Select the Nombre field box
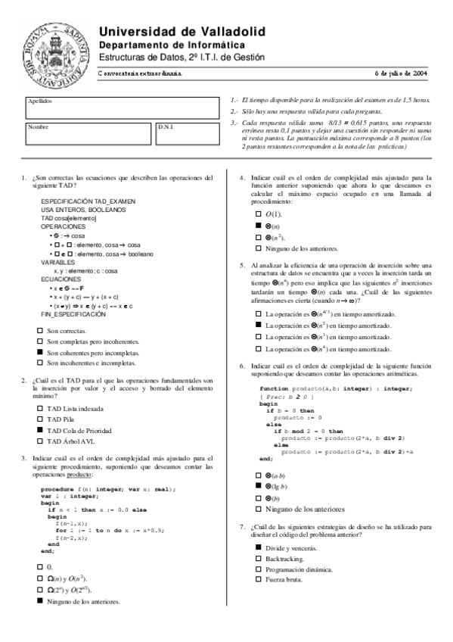click(89, 133)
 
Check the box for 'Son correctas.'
click(40, 332)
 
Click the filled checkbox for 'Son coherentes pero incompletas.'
click(40, 353)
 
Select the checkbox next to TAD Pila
click(40, 419)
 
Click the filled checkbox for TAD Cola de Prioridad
click(40, 429)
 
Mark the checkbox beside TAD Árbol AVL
click(40, 441)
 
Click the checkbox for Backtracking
click(258, 559)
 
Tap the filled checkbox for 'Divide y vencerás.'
click(258, 547)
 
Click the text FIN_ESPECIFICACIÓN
click(73, 313)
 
